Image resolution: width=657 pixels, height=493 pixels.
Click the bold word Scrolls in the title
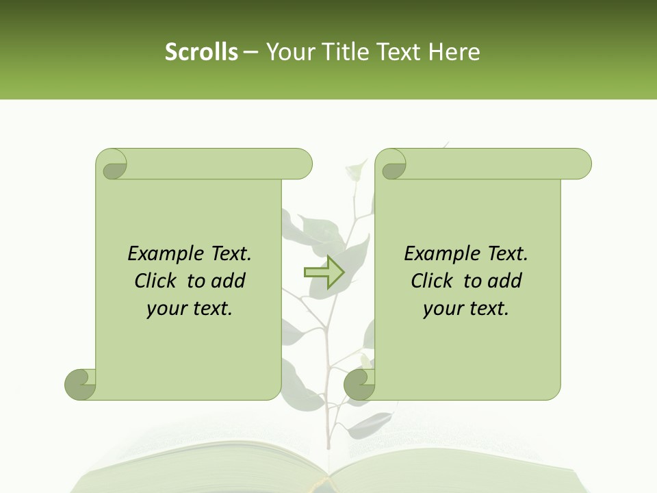[x=201, y=52]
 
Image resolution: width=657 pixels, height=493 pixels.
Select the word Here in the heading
[x=454, y=52]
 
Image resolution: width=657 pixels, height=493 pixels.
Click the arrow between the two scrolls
[x=324, y=272]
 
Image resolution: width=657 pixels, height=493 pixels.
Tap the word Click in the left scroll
[x=157, y=281]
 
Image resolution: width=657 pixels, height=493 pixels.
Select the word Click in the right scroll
[x=433, y=281]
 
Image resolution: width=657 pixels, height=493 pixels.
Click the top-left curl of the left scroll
[x=112, y=164]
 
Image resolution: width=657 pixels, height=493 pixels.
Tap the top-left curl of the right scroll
[x=391, y=164]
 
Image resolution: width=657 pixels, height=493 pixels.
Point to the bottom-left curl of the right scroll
[x=360, y=384]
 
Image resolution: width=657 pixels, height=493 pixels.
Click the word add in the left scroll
[x=229, y=281]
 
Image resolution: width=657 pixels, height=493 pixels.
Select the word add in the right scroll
[x=505, y=281]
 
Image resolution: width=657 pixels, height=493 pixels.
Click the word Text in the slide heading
[x=398, y=52]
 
